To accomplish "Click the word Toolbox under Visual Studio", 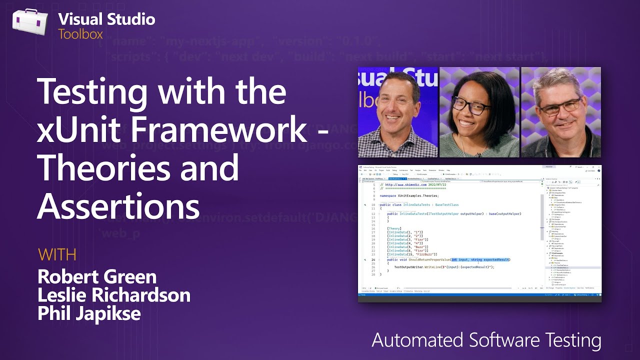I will (x=80, y=34).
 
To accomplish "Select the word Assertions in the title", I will (x=118, y=205).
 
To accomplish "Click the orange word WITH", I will (x=57, y=254).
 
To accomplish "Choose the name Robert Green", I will (x=97, y=276).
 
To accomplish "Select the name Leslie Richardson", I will (x=114, y=295).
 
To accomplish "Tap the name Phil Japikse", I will (x=89, y=313).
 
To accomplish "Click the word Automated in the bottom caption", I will (x=417, y=340).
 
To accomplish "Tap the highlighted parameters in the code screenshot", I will (x=480, y=259).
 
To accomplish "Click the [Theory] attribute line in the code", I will (x=394, y=228).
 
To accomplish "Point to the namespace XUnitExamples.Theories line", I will (x=412, y=196).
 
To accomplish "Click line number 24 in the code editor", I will (x=373, y=259).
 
